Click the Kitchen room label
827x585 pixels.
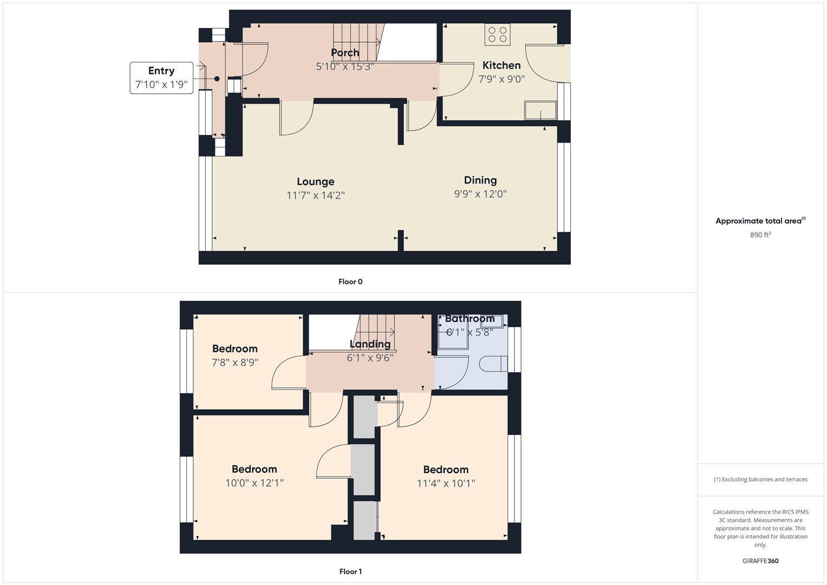coord(502,66)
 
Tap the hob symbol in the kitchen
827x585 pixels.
coord(498,35)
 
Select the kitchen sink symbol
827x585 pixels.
coord(540,110)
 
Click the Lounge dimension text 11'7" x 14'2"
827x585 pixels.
coord(315,195)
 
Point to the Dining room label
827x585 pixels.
coord(480,180)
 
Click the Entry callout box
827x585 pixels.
coord(161,78)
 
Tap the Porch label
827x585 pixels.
coord(345,53)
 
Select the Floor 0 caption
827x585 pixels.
coord(350,282)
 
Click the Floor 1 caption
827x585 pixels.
coord(350,571)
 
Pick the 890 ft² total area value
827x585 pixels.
coord(760,235)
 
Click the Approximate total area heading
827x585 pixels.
coord(760,221)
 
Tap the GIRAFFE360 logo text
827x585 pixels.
coord(760,561)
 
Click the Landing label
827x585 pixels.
coord(370,344)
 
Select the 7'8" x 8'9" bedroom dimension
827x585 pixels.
coord(235,362)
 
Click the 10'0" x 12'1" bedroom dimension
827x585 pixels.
coord(255,483)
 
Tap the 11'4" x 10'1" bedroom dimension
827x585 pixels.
coord(446,483)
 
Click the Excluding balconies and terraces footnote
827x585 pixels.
coord(760,479)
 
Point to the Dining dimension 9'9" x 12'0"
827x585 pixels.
coord(480,194)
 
